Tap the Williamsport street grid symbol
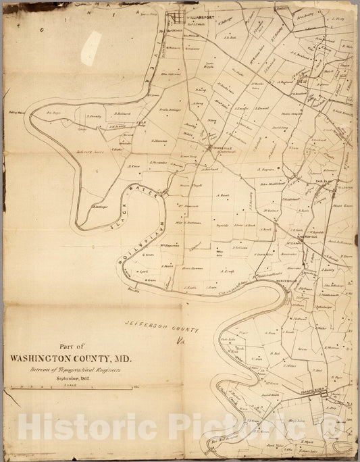click(x=178, y=18)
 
